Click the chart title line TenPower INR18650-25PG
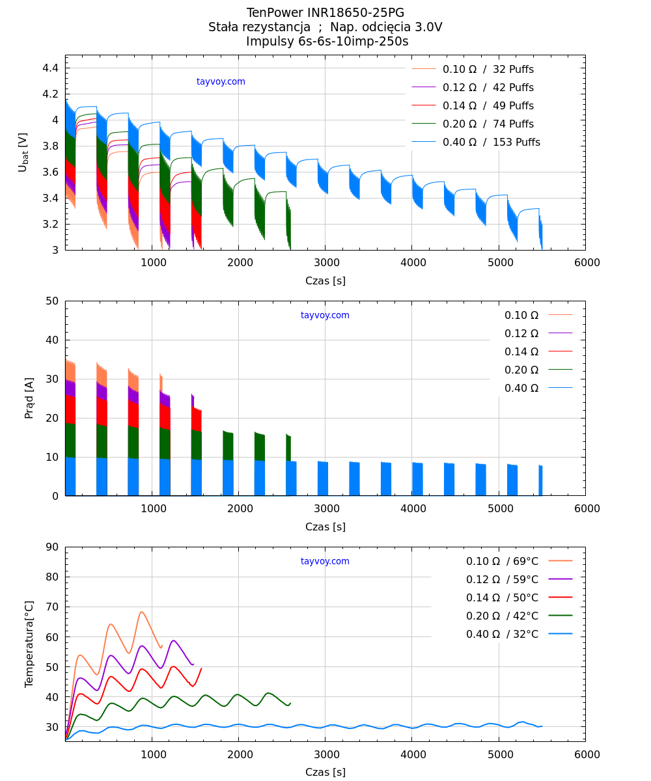point(325,13)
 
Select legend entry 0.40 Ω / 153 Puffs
point(491,143)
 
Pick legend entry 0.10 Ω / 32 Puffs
point(488,70)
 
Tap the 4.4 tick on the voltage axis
point(51,68)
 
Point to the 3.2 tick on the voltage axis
point(51,225)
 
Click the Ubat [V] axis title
point(23,152)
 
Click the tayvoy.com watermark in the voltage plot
point(221,82)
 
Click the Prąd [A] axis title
point(29,398)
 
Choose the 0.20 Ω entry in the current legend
point(521,370)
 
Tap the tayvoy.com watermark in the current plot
point(325,316)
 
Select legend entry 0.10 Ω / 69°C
point(502,562)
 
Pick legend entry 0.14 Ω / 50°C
point(502,598)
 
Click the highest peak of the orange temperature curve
point(141,612)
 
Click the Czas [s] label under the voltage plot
point(325,281)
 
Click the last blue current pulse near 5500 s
point(540,480)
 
